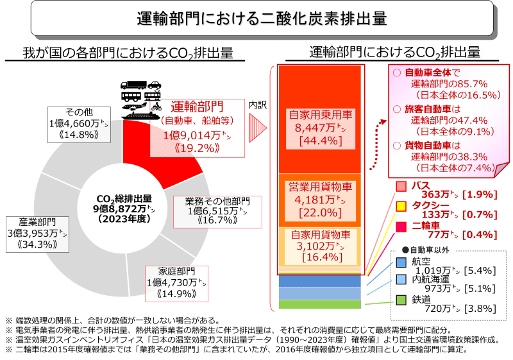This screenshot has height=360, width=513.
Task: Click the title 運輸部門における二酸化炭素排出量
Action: click(262, 19)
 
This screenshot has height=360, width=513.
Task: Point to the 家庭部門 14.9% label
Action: click(176, 282)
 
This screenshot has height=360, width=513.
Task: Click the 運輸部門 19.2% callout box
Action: click(198, 127)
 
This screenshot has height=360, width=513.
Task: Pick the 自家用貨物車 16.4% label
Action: click(320, 246)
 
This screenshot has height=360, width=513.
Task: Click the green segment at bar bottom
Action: click(320, 304)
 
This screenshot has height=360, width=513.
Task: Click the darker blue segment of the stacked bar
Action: click(320, 281)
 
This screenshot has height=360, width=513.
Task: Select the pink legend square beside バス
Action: click(401, 187)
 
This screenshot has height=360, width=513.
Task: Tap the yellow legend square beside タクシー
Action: click(401, 206)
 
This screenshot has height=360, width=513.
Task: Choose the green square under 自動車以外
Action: click(401, 300)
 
